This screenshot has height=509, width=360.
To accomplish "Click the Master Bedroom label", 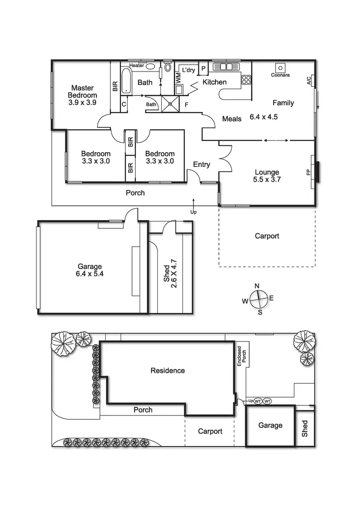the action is tap(82, 92).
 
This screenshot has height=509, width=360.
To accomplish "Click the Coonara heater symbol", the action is tap(279, 68).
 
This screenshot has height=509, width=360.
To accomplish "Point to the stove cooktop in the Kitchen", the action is tap(246, 79).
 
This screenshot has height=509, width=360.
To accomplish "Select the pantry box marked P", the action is tap(204, 69).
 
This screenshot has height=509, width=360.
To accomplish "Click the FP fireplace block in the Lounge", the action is tap(317, 172).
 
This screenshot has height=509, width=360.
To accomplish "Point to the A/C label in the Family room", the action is tap(309, 80).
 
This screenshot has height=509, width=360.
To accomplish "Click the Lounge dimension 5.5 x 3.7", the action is tap(267, 180).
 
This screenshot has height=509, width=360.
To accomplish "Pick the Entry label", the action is tap(202, 165).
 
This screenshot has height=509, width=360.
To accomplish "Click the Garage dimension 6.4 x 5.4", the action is tap(90, 274).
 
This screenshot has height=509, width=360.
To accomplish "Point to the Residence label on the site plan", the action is tap(168, 370).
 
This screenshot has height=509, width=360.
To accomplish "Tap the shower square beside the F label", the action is tap(168, 102).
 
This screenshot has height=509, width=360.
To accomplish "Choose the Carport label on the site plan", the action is tap(210, 431).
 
